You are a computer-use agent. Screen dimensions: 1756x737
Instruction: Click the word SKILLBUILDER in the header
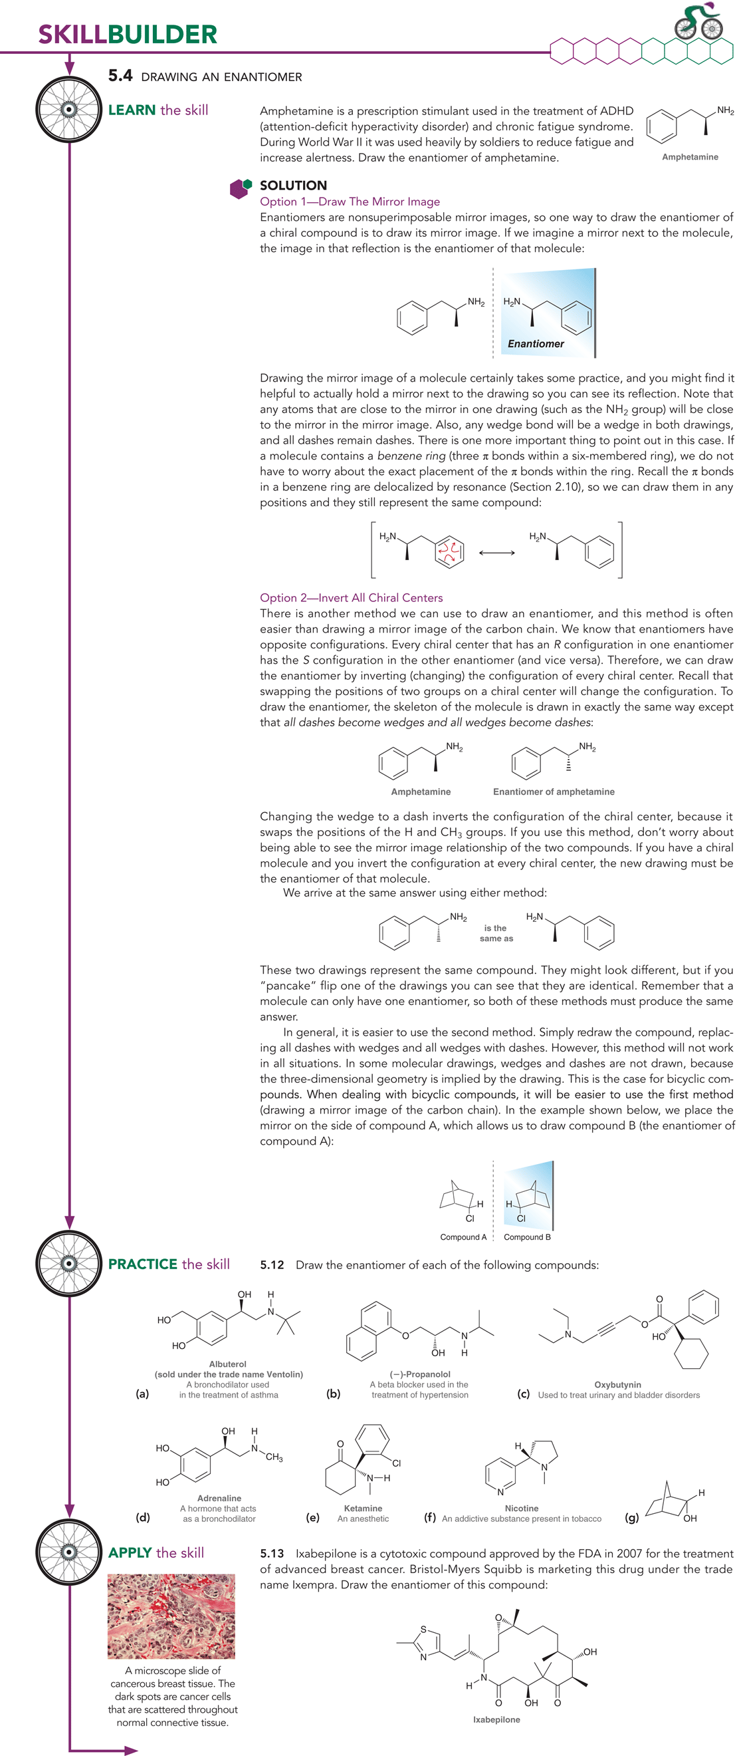pos(128,34)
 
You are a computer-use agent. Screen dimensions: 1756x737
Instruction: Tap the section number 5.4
pos(120,76)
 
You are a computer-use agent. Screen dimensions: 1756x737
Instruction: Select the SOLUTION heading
pos(293,186)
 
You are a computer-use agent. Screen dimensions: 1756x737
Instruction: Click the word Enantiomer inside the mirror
pos(536,344)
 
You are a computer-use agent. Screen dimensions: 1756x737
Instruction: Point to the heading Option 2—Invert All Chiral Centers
pos(351,598)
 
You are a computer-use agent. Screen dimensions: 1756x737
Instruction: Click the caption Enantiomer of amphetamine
pos(553,792)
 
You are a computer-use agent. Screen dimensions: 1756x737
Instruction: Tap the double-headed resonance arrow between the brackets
pos(496,553)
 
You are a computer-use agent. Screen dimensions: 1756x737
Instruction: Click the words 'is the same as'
pos(496,933)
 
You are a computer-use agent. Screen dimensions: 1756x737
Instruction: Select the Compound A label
pos(463,1237)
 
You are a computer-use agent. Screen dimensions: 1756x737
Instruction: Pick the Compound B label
pos(527,1237)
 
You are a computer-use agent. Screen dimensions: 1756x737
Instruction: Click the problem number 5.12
pos(272,1265)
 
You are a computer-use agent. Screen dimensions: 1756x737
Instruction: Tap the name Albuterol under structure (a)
pos(227,1364)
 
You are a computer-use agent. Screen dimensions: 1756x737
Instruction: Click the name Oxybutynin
pos(617,1384)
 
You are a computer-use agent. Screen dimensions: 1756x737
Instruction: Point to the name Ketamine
pos(363,1509)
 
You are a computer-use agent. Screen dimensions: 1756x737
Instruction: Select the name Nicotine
pos(521,1509)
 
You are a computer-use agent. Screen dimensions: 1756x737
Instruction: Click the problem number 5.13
pos(272,1554)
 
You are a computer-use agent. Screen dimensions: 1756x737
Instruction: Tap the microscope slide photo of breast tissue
pos(171,1616)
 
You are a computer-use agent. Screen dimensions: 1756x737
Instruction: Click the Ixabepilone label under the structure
pos(496,1720)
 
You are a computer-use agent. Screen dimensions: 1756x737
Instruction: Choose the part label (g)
pos(631,1518)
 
